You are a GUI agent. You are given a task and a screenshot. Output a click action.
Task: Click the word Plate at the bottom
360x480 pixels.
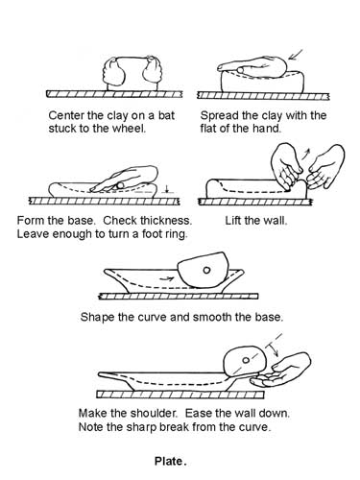(x=168, y=461)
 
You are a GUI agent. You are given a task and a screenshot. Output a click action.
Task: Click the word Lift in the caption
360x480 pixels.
(x=233, y=221)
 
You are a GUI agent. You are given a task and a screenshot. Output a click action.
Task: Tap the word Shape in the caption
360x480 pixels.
(x=97, y=318)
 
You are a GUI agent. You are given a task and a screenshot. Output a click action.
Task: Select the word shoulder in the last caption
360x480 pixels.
(x=154, y=413)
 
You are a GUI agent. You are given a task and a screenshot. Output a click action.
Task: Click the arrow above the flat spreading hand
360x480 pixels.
(x=296, y=55)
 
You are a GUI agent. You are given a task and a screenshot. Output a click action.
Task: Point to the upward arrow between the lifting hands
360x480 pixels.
(x=306, y=154)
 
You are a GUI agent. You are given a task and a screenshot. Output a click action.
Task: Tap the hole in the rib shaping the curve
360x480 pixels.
(x=206, y=270)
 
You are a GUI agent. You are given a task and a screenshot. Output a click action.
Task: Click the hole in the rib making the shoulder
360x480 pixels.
(x=246, y=360)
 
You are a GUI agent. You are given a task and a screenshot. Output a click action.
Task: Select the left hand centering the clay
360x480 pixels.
(x=113, y=72)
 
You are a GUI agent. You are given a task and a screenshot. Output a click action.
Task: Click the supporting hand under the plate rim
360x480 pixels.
(x=280, y=371)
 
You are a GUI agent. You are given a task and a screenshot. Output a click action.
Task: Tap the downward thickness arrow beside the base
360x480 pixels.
(x=166, y=189)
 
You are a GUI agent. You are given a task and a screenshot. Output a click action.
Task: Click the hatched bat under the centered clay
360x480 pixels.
(x=114, y=94)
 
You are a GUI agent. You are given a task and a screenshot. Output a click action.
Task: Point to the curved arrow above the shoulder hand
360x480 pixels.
(x=274, y=348)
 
